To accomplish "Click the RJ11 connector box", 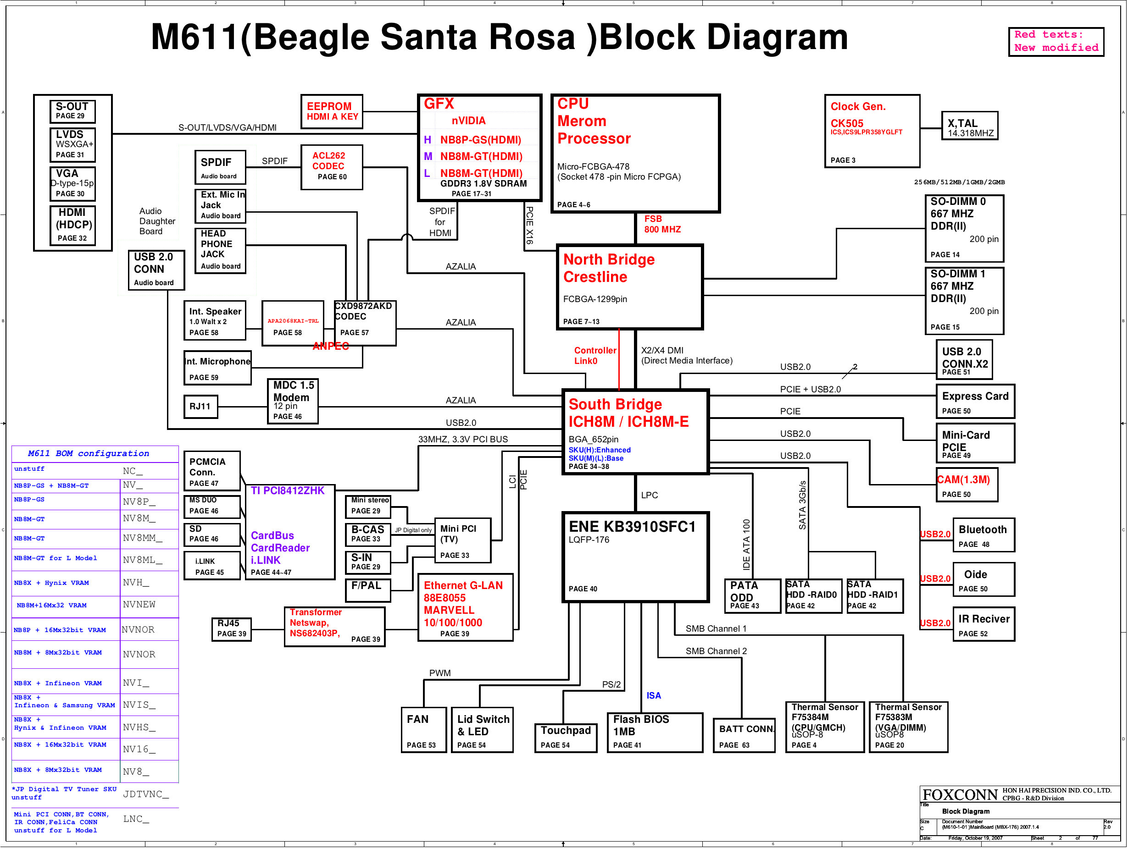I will point(200,407).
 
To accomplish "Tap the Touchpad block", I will point(565,737).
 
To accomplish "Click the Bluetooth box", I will point(983,535).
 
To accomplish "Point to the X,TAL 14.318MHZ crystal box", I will point(969,127).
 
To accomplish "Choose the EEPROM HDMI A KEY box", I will point(332,111).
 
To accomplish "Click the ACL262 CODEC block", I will point(332,167).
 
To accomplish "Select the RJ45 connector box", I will point(232,628).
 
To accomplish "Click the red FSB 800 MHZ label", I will point(662,224).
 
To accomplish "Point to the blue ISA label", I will point(654,696).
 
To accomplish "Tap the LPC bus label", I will point(649,496).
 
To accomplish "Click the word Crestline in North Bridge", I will point(595,277).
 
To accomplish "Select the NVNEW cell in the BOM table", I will point(139,605).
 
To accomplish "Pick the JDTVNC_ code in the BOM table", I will point(146,794).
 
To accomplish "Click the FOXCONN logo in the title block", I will point(960,795).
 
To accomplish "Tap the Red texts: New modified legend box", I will point(1056,42).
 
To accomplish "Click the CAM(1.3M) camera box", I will point(967,485).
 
